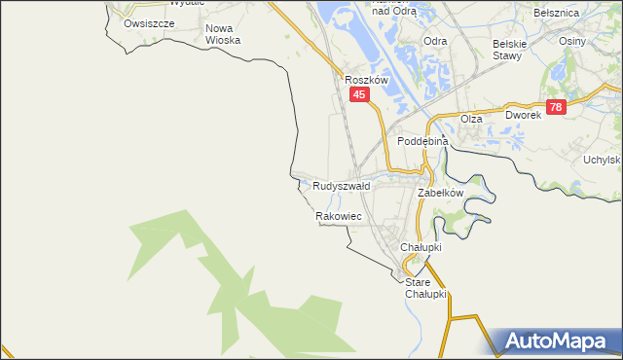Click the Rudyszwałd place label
[341, 185]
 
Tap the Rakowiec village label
[339, 216]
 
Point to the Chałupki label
[421, 247]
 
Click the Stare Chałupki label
[425, 288]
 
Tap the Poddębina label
[422, 141]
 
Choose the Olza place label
[471, 118]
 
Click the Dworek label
[522, 114]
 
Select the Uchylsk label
[602, 160]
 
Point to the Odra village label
[435, 41]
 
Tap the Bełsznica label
[558, 13]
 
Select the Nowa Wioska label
[223, 35]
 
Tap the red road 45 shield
[359, 94]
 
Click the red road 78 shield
[555, 107]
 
